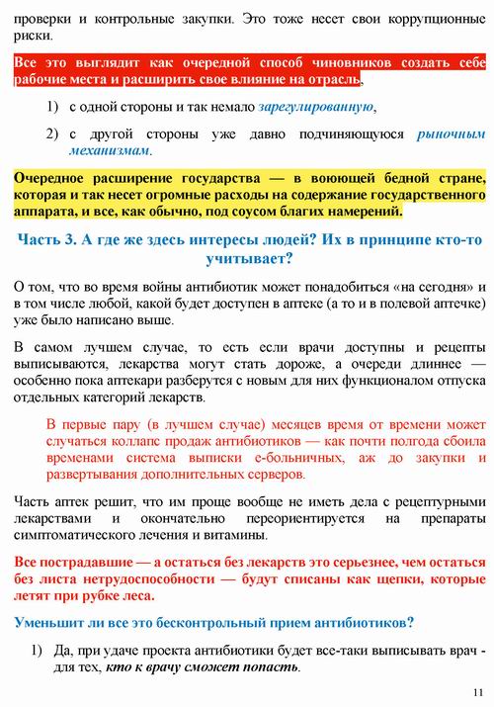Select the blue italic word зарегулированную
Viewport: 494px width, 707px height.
tap(315, 106)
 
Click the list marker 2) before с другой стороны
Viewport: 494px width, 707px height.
tap(52, 133)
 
